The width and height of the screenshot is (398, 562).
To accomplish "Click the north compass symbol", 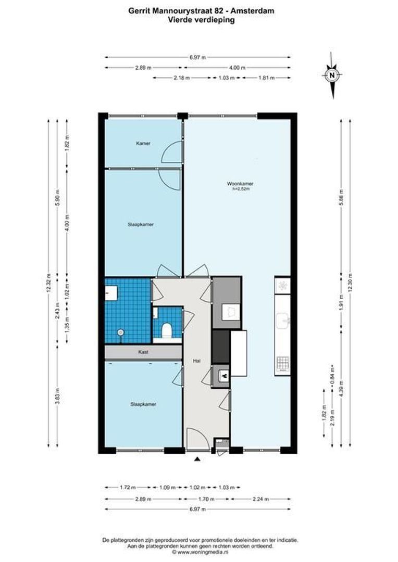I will [x=332, y=76].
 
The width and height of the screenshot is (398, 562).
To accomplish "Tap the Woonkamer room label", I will [x=241, y=184].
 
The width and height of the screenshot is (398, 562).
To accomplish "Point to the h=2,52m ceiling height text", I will [x=241, y=189].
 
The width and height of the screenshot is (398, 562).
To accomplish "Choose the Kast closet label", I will [x=143, y=352].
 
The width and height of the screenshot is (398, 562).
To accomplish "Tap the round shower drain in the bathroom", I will [x=121, y=332].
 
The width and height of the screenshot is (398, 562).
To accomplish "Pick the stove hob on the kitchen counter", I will [x=282, y=363].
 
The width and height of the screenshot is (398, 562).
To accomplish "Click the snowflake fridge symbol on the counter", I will [x=282, y=285].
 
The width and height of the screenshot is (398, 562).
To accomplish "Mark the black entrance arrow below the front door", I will [x=197, y=459].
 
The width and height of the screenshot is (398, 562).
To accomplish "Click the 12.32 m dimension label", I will [x=48, y=284].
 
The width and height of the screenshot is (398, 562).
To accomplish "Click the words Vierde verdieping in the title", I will [x=201, y=20].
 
